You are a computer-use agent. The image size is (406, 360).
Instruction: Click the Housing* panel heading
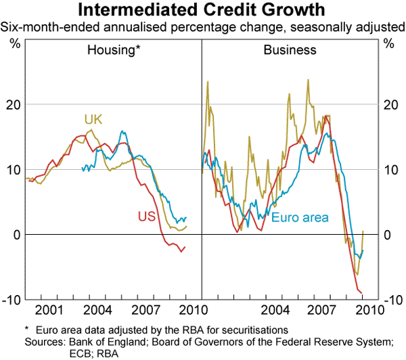(114, 50)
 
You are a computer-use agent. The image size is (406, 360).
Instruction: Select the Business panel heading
(290, 50)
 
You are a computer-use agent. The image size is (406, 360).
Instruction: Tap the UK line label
(93, 120)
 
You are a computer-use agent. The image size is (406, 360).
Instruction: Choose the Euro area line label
(300, 217)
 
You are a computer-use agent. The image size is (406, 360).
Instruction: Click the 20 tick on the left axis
(14, 105)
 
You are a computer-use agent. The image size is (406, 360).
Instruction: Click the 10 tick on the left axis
(14, 170)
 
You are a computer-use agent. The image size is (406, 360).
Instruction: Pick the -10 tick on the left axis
(12, 300)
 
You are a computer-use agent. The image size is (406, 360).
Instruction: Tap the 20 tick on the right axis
(391, 105)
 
